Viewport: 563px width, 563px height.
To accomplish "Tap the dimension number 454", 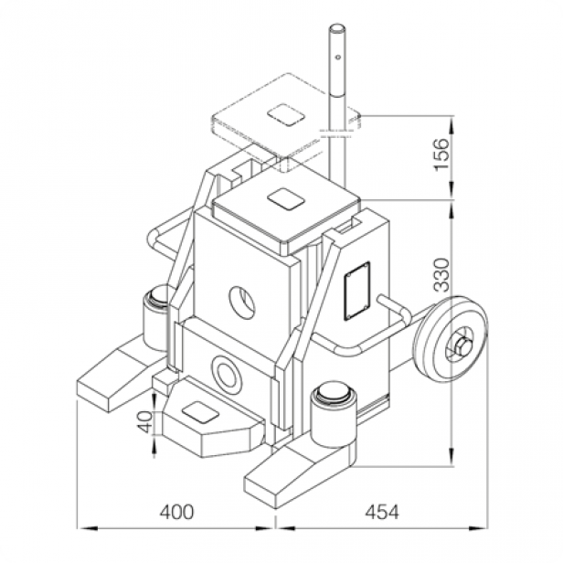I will coord(381,512).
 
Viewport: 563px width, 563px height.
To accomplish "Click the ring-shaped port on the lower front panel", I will coord(225,373).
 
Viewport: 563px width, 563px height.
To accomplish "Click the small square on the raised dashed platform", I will coord(287,116).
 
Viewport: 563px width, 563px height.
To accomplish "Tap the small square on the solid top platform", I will coord(282,198).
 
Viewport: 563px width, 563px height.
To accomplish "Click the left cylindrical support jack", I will coord(157,313).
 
